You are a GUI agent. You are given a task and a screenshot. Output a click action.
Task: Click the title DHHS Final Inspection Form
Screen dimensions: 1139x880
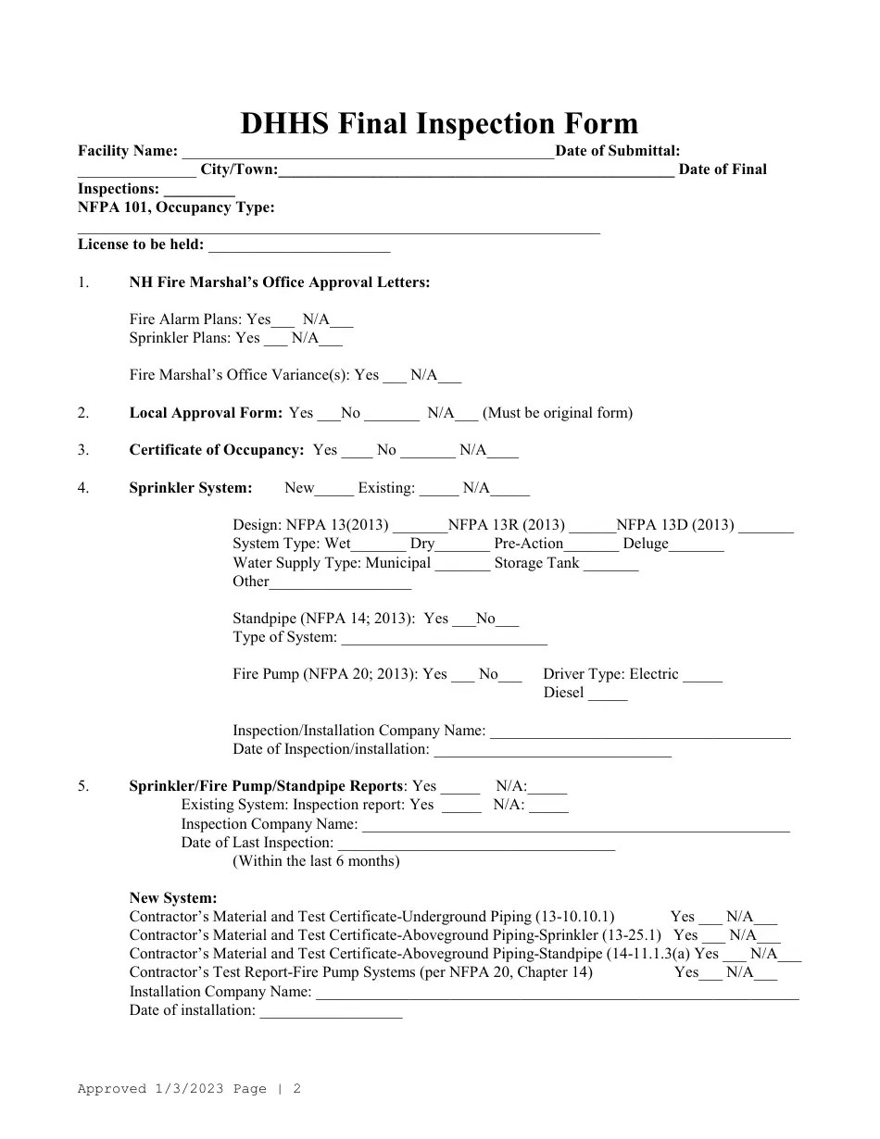439,124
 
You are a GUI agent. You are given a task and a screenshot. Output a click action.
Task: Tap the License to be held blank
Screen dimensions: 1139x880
299,247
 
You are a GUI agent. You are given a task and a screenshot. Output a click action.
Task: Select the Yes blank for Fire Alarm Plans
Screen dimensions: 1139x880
283,321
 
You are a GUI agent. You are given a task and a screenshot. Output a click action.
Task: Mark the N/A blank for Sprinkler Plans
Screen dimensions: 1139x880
331,340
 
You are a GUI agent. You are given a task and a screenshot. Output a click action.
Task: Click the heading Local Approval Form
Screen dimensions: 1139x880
206,413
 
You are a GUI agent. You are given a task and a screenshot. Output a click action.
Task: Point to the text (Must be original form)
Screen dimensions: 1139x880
558,413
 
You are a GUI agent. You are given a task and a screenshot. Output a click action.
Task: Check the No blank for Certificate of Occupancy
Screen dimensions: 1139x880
428,452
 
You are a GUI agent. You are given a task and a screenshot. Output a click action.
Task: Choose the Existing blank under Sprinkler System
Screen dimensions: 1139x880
438,490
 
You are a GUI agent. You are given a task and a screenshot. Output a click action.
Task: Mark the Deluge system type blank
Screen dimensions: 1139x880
697,545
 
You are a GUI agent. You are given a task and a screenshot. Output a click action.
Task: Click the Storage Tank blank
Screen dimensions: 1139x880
610,565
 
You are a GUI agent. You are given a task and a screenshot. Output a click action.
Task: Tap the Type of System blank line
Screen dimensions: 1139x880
445,639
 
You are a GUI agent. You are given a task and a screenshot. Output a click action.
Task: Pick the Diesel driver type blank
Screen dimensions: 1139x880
608,695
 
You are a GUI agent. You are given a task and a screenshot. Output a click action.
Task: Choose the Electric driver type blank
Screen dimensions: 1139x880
702,676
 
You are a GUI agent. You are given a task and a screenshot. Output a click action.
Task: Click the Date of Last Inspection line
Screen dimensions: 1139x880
476,845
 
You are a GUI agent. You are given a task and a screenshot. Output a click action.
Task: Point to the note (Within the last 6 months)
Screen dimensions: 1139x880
316,861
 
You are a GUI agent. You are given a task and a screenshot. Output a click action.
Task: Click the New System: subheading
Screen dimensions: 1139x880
173,898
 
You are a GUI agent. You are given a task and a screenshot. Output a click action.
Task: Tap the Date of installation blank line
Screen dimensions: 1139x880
331,1012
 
